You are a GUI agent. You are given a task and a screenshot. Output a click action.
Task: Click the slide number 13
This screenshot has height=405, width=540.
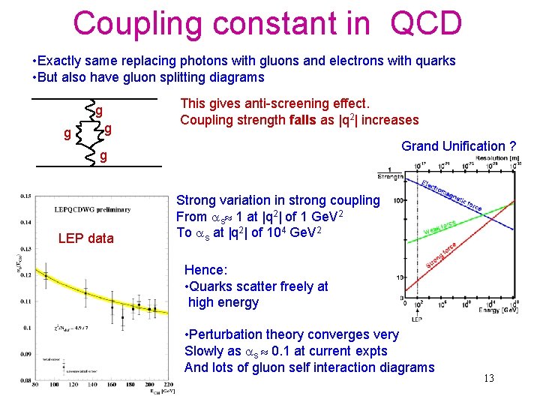click(x=488, y=377)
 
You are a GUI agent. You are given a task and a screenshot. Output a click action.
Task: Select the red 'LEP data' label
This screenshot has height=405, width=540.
click(x=86, y=238)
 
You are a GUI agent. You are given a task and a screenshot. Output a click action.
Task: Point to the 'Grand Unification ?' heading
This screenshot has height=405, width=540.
click(x=459, y=146)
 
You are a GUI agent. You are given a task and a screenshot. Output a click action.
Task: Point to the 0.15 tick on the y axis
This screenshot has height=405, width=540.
click(x=26, y=196)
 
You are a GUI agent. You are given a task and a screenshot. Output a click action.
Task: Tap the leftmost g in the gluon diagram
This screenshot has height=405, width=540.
click(x=67, y=134)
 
